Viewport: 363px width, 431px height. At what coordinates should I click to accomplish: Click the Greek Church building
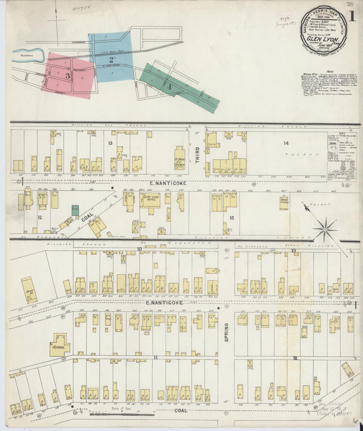[x=284, y=203]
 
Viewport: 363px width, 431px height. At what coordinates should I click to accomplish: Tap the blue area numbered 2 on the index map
[x=111, y=60]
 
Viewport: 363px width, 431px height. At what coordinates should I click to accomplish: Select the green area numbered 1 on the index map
[x=171, y=87]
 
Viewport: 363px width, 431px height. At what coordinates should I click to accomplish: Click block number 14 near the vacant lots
[x=286, y=143]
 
